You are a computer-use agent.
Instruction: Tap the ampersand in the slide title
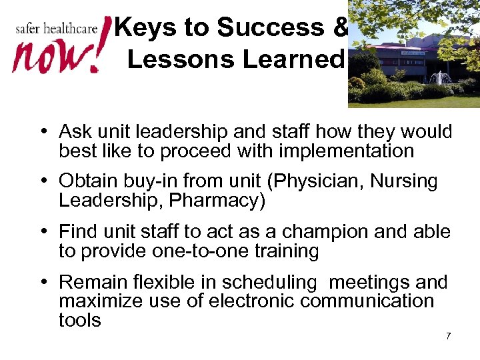coord(338,27)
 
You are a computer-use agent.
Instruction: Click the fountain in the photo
coord(440,79)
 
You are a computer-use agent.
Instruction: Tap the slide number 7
coord(448,335)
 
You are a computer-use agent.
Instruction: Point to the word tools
coord(80,321)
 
